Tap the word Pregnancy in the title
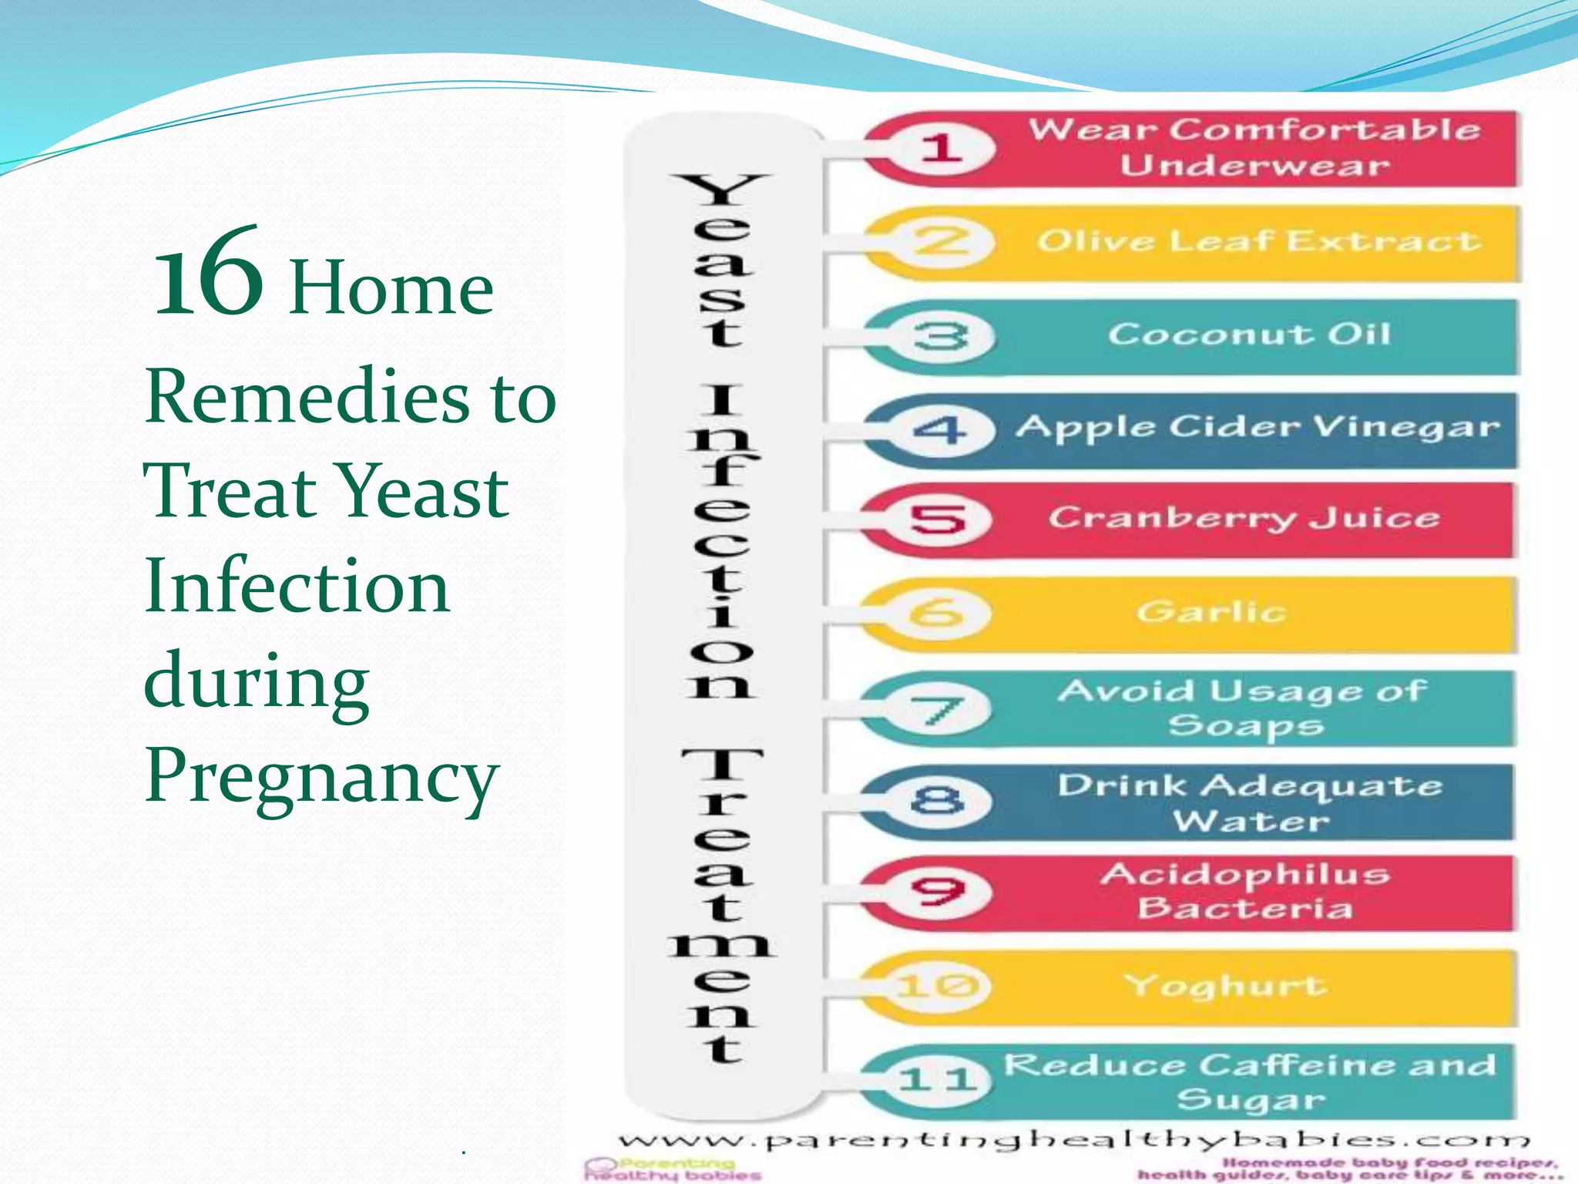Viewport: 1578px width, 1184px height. click(x=322, y=775)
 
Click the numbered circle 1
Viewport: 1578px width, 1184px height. click(x=942, y=147)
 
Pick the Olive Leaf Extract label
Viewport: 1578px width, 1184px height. click(x=1257, y=241)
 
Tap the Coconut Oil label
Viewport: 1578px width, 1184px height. click(x=1249, y=335)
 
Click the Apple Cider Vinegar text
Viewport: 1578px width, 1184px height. click(x=1257, y=427)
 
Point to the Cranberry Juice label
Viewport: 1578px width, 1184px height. click(x=1243, y=517)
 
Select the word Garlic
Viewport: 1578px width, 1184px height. click(x=1211, y=612)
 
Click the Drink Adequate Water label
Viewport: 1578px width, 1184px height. click(x=1250, y=802)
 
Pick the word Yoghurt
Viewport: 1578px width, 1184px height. click(x=1225, y=985)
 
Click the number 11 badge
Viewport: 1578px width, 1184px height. click(x=937, y=1078)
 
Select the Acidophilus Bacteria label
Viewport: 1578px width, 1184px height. click(x=1245, y=891)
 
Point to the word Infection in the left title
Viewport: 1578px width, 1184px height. click(x=297, y=586)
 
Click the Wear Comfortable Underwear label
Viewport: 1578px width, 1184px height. click(x=1254, y=147)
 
